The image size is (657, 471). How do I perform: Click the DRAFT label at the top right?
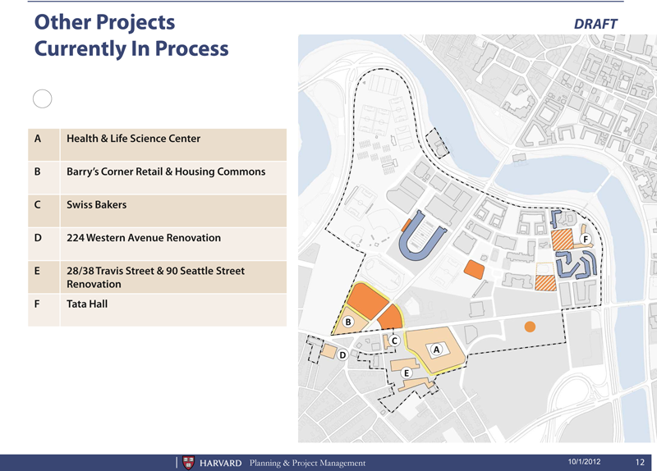pyautogui.click(x=595, y=24)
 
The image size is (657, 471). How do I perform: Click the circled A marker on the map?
pyautogui.click(x=437, y=350)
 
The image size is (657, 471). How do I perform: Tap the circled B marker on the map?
pyautogui.click(x=347, y=322)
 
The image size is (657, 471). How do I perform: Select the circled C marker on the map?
pyautogui.click(x=394, y=341)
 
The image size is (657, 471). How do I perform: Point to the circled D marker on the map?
pyautogui.click(x=342, y=355)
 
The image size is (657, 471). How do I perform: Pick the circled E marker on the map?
pyautogui.click(x=406, y=373)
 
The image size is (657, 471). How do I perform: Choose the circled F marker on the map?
pyautogui.click(x=586, y=239)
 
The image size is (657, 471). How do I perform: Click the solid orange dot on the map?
pyautogui.click(x=530, y=327)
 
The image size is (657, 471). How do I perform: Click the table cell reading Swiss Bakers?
pyautogui.click(x=96, y=204)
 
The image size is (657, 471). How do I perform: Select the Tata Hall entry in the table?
pyautogui.click(x=87, y=304)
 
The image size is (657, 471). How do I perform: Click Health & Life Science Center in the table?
pyautogui.click(x=133, y=139)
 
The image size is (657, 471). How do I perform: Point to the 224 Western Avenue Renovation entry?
pyautogui.click(x=144, y=238)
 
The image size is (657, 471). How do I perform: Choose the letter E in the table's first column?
pyautogui.click(x=37, y=271)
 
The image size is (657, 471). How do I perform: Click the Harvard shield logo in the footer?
pyautogui.click(x=189, y=463)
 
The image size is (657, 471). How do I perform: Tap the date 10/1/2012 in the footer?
pyautogui.click(x=584, y=462)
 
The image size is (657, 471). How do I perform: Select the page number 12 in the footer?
pyautogui.click(x=640, y=462)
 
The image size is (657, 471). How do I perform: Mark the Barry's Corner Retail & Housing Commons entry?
pyautogui.click(x=166, y=171)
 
